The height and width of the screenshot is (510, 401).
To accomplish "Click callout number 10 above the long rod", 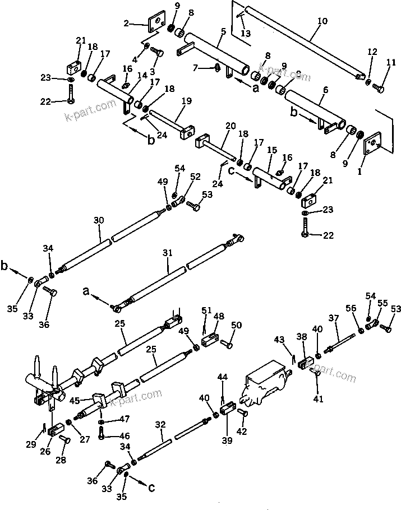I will click(x=322, y=22).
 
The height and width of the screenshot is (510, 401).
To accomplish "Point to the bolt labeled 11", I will click(x=380, y=87).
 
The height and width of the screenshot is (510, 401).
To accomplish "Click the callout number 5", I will click(x=223, y=33).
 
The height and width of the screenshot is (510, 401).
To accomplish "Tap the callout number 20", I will click(x=229, y=126).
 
